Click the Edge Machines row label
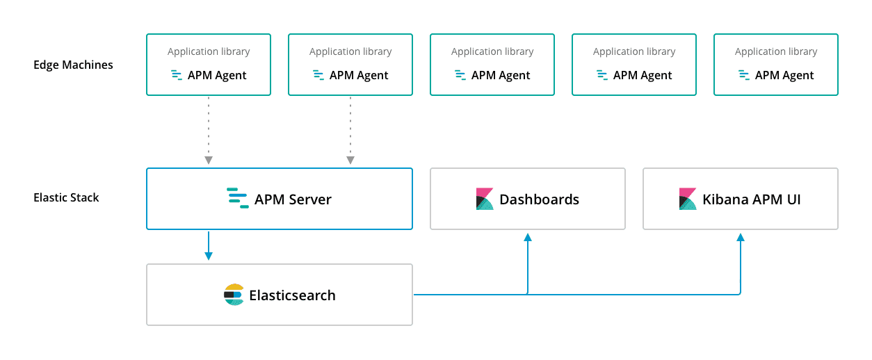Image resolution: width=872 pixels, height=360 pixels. (x=73, y=65)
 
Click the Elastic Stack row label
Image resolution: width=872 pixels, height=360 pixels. (x=66, y=197)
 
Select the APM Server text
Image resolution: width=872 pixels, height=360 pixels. (x=293, y=199)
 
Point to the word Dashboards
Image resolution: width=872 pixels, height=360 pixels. (x=539, y=199)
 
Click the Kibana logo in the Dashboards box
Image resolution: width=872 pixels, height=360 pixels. (x=485, y=199)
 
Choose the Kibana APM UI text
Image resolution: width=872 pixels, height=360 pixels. (x=752, y=199)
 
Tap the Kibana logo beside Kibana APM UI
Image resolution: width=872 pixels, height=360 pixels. (x=688, y=199)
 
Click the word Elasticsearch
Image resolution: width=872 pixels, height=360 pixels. (x=292, y=295)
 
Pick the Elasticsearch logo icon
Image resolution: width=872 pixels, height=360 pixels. (x=234, y=295)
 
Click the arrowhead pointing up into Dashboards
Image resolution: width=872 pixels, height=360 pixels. (x=528, y=238)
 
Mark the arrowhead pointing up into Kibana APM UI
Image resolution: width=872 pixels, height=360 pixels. (x=741, y=238)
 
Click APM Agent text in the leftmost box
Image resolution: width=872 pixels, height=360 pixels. (x=217, y=75)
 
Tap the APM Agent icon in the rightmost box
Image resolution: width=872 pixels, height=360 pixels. (x=744, y=75)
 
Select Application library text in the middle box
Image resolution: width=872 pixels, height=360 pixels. (x=492, y=51)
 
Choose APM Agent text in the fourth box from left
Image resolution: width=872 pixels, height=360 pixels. (x=643, y=75)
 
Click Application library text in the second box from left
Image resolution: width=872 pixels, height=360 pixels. (x=350, y=51)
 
